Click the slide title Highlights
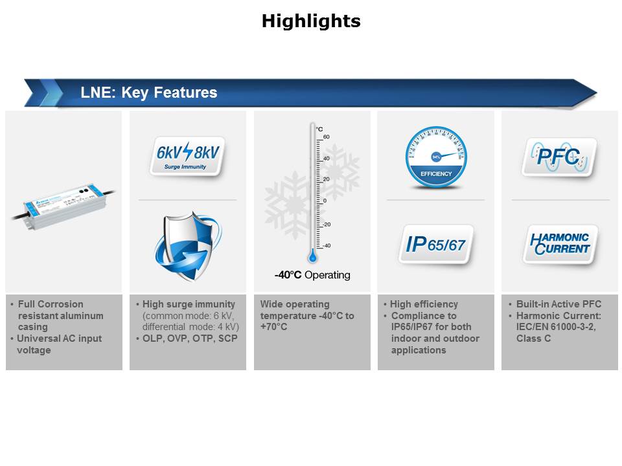click(x=311, y=21)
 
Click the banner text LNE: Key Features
click(x=148, y=93)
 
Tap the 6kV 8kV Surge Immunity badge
click(x=187, y=156)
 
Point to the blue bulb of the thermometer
click(x=312, y=256)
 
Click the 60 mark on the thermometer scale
click(x=327, y=137)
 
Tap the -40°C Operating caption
click(x=312, y=275)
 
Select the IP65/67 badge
click(x=435, y=245)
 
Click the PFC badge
click(x=559, y=157)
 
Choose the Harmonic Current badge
click(x=560, y=243)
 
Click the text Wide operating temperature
click(x=295, y=304)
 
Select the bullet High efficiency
click(x=424, y=304)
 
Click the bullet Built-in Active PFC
click(x=559, y=304)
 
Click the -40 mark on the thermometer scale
click(x=327, y=245)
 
